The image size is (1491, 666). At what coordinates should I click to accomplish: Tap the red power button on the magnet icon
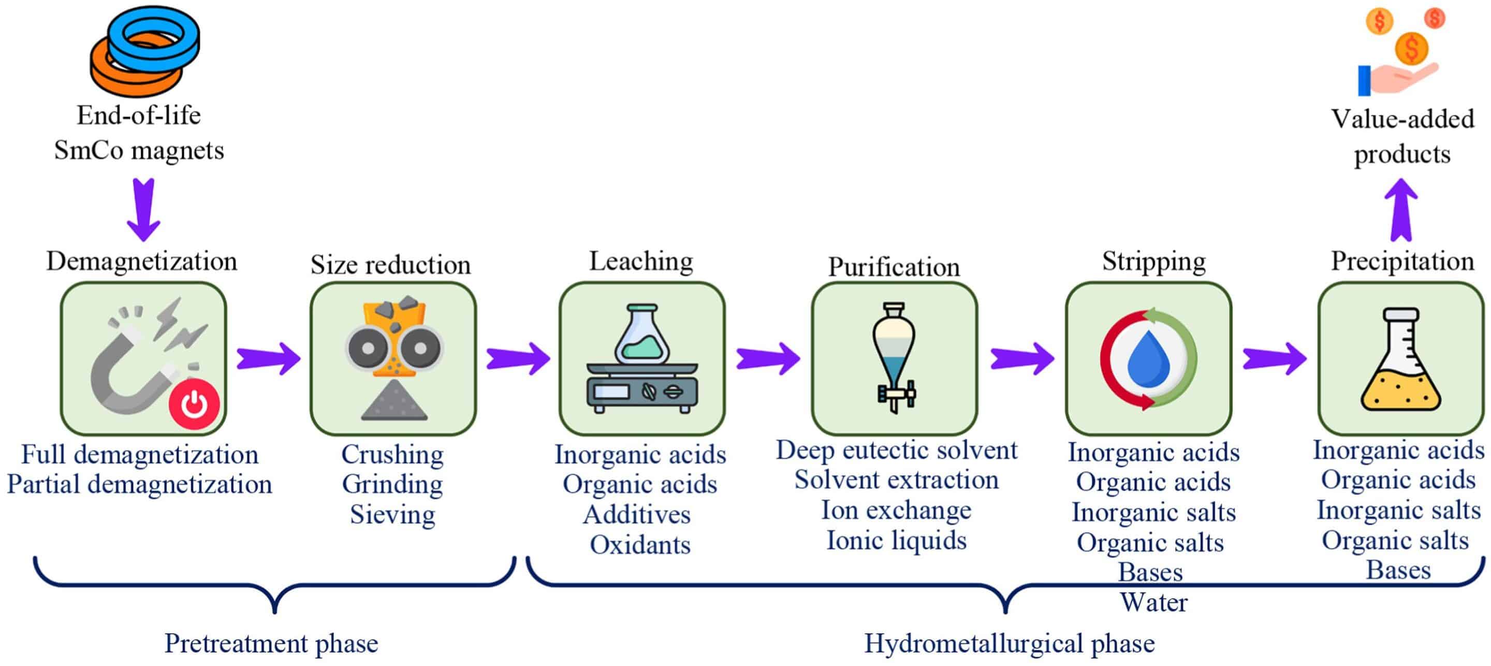coord(194,403)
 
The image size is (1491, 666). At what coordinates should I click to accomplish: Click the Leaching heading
coord(641,261)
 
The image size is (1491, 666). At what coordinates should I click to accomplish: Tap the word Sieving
coord(392,514)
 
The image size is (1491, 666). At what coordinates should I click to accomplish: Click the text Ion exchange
coord(896,510)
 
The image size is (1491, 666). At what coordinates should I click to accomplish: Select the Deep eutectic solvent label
coord(896,450)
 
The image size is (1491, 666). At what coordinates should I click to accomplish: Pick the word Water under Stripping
coord(1153,602)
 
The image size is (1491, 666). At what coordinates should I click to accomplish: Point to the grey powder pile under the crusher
coord(394,402)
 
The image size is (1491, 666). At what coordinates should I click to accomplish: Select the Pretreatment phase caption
coord(271,643)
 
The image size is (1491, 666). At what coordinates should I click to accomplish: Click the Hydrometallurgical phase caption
coord(1010,643)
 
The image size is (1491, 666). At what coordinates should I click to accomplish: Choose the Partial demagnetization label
coord(139,484)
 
